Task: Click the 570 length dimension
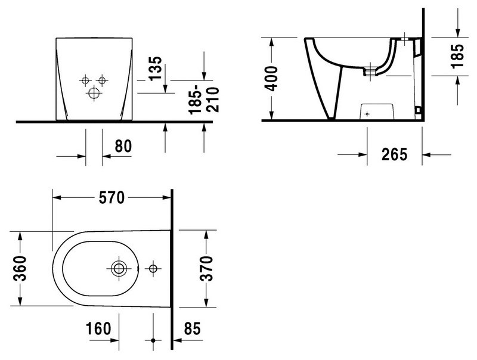(111, 198)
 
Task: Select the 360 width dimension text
(20, 268)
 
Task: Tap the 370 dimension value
(207, 268)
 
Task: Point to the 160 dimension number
(98, 328)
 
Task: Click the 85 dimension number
(192, 328)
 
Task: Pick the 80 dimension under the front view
(123, 146)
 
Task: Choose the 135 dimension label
(156, 69)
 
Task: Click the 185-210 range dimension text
(204, 100)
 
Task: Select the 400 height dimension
(271, 79)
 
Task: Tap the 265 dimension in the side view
(394, 154)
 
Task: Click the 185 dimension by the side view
(457, 56)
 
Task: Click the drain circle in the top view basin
(119, 268)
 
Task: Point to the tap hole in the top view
(153, 268)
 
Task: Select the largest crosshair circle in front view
(94, 93)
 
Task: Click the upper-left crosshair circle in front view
(85, 80)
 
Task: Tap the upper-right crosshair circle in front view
(102, 80)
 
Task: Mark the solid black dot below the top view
(153, 340)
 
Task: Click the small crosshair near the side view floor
(367, 114)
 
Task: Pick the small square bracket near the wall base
(418, 110)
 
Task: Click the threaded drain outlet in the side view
(370, 72)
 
